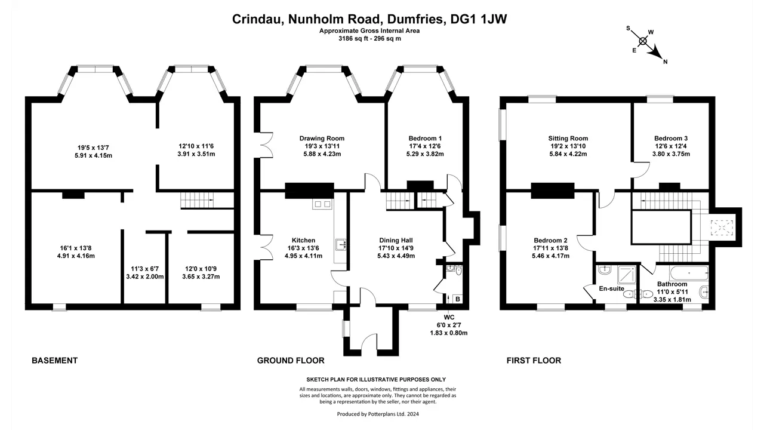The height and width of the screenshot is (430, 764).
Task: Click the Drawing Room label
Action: [x=322, y=138]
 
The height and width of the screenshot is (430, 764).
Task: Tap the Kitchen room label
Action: [x=304, y=240]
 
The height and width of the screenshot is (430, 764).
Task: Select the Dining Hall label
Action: [x=396, y=240]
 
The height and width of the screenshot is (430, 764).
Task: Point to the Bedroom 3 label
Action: [x=671, y=138]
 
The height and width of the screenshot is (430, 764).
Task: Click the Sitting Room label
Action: [x=568, y=138]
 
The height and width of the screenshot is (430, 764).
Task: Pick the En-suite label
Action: [x=612, y=288]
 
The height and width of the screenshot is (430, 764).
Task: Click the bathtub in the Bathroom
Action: [x=689, y=273]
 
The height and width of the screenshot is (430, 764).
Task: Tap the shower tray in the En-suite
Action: [x=627, y=274]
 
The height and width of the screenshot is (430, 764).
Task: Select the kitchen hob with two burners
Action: [x=322, y=204]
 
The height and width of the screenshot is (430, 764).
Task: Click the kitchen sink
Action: [x=340, y=245]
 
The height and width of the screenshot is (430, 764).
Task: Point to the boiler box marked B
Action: [x=458, y=299]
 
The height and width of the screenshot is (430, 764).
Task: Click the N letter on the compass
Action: [x=665, y=62]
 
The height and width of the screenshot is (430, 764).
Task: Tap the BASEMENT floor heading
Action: [x=54, y=360]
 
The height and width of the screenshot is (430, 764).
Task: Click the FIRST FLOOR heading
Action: [x=534, y=360]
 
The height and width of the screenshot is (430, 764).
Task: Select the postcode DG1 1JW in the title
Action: [x=479, y=19]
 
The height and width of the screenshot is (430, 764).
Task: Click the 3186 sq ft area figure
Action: [x=353, y=39]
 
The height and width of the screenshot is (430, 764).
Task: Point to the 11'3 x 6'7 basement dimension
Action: [x=145, y=269]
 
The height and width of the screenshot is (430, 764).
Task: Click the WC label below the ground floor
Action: [x=449, y=317]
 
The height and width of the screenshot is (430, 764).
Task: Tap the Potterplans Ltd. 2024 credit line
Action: [x=378, y=414]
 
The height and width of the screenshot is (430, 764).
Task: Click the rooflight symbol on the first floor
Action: [x=722, y=228]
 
